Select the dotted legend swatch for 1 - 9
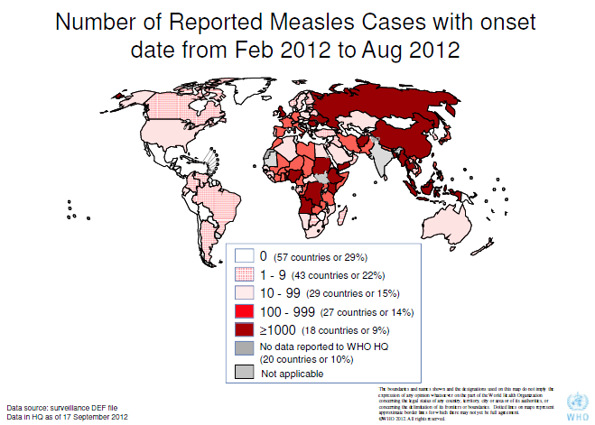click(244, 275)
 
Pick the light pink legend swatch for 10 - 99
click(244, 293)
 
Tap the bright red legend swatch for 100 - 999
click(244, 311)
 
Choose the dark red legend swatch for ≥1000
click(244, 330)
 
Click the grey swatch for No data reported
click(244, 347)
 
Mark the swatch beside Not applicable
click(244, 372)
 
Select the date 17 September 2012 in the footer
click(95, 417)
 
